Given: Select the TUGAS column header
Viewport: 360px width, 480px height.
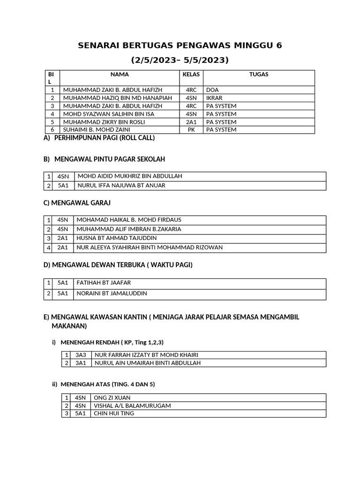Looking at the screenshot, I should point(259,75).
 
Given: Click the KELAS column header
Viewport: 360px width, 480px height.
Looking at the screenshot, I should point(191,75).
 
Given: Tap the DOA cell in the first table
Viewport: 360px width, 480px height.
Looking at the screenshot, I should point(212,90).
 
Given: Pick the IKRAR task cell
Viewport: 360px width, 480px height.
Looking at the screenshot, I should point(214,97).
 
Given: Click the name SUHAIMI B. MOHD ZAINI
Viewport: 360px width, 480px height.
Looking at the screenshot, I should point(97,129).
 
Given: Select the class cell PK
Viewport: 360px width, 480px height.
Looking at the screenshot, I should point(191,129).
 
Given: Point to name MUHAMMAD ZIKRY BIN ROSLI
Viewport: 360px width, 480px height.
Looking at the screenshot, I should point(104,121).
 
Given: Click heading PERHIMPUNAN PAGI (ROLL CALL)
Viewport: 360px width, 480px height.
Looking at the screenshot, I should point(104,138).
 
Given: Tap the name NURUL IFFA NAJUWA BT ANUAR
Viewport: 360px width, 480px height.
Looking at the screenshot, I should point(121,186).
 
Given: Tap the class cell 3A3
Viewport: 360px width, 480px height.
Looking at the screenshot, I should point(81,354).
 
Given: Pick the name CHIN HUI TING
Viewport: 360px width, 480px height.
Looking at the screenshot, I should point(114,413).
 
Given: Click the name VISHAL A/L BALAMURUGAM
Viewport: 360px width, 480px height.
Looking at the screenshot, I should point(132,405).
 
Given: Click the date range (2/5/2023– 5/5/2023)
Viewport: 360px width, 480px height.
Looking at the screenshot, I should point(180,60).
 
